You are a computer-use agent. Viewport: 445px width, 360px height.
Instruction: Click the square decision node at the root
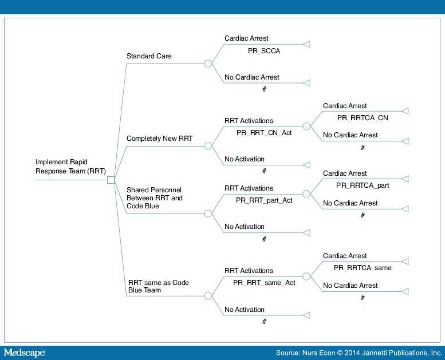click(111, 180)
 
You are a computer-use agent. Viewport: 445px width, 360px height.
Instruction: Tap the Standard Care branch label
click(149, 56)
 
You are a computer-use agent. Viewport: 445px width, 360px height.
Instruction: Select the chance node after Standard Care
click(208, 64)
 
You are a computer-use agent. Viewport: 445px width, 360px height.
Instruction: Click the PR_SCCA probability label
click(264, 51)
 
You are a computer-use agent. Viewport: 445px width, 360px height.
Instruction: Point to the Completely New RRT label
click(159, 139)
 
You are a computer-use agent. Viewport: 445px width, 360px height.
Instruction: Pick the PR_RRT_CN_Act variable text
click(264, 133)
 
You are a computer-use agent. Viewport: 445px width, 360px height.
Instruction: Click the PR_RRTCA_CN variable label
click(363, 118)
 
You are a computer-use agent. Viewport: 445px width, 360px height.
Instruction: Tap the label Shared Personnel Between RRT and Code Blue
click(155, 197)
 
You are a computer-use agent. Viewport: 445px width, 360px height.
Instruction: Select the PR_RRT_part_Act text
click(264, 200)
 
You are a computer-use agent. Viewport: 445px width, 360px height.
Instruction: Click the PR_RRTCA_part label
click(363, 185)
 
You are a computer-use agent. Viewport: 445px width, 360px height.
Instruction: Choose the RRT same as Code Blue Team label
click(159, 286)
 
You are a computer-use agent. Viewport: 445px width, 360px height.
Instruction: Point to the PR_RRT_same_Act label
click(264, 283)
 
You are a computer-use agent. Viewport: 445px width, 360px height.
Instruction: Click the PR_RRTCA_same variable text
click(363, 267)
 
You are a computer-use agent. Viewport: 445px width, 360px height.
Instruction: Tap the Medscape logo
click(25, 353)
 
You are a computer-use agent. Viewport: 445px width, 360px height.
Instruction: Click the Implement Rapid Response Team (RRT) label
click(70, 167)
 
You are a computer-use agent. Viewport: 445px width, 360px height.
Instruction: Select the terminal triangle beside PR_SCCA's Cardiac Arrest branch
click(306, 44)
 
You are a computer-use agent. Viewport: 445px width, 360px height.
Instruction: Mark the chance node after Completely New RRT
click(208, 146)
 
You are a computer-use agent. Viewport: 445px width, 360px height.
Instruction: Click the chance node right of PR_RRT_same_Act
click(306, 276)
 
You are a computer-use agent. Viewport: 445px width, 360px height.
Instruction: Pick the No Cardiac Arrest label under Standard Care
click(252, 77)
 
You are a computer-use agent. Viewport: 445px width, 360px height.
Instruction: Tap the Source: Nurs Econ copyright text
click(359, 353)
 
